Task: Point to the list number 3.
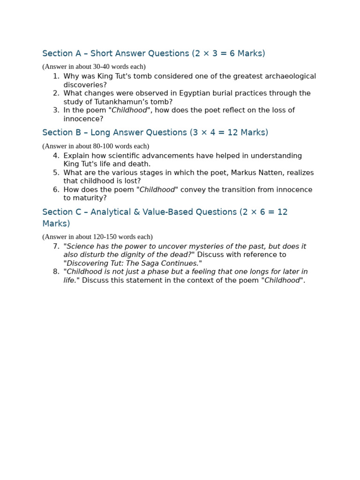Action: (x=56, y=110)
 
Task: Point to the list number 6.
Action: (x=56, y=189)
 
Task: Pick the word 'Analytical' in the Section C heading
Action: (x=110, y=212)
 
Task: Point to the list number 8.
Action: (x=56, y=272)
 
